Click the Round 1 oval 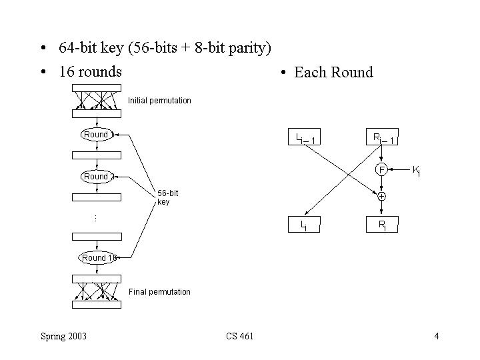pyautogui.click(x=97, y=135)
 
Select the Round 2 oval pyautogui.click(x=97, y=177)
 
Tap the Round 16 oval pyautogui.click(x=97, y=258)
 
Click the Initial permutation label pyautogui.click(x=159, y=101)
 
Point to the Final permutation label pyautogui.click(x=159, y=292)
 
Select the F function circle pyautogui.click(x=381, y=169)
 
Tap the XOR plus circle pyautogui.click(x=381, y=196)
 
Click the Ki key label pyautogui.click(x=416, y=171)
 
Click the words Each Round pyautogui.click(x=333, y=73)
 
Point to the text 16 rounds pyautogui.click(x=90, y=72)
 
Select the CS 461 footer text pyautogui.click(x=239, y=335)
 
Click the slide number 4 pyautogui.click(x=436, y=335)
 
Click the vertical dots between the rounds pyautogui.click(x=96, y=217)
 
